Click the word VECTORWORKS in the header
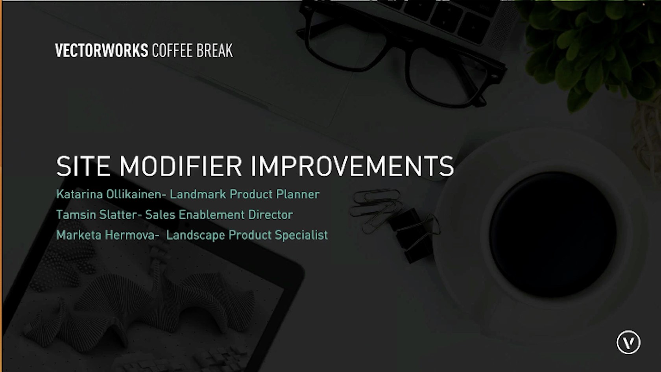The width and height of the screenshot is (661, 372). [x=101, y=50]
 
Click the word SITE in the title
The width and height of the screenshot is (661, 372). [x=83, y=166]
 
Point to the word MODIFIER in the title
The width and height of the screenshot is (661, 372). [x=181, y=166]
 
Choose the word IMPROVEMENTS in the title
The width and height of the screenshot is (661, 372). [x=353, y=166]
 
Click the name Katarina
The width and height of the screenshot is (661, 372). [x=79, y=194]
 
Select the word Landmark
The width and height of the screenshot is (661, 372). [x=198, y=194]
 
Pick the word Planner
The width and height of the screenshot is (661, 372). [x=298, y=194]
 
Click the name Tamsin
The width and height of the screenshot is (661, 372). [x=76, y=215]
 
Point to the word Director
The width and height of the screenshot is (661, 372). [x=270, y=215]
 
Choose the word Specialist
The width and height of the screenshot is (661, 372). [x=301, y=235]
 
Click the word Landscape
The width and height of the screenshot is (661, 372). [x=196, y=235]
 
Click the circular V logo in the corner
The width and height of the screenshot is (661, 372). [x=629, y=342]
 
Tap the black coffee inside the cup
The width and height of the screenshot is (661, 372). [x=553, y=235]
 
